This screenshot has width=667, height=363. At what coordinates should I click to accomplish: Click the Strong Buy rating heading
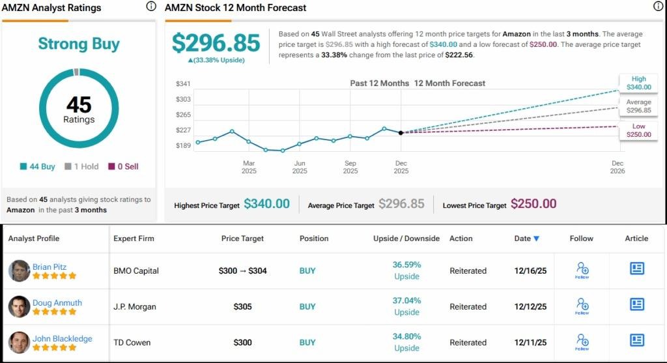79,44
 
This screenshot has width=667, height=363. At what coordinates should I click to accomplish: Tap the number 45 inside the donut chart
79,104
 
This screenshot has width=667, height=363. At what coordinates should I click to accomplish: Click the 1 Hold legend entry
81,166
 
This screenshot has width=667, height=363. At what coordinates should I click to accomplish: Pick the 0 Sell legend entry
123,166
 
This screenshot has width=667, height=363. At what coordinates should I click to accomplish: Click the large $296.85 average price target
216,43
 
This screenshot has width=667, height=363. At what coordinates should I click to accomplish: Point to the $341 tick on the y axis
183,83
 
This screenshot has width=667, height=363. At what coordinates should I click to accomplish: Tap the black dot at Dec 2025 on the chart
401,132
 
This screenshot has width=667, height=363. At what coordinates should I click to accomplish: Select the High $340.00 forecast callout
638,83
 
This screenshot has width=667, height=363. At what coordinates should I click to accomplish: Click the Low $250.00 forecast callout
638,130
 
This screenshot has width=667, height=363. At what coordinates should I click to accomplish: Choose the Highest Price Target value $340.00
266,204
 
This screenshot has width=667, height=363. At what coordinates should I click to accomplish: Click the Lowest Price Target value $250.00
533,204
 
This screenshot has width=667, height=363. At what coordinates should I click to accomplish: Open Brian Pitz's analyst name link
50,267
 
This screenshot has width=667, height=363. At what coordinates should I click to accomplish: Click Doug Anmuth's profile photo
20,306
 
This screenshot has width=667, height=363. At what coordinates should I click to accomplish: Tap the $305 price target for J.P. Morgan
242,306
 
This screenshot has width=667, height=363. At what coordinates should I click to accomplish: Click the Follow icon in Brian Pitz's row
582,270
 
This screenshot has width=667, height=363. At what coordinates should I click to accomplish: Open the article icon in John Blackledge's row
636,340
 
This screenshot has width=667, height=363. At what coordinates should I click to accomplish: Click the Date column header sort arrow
536,239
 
